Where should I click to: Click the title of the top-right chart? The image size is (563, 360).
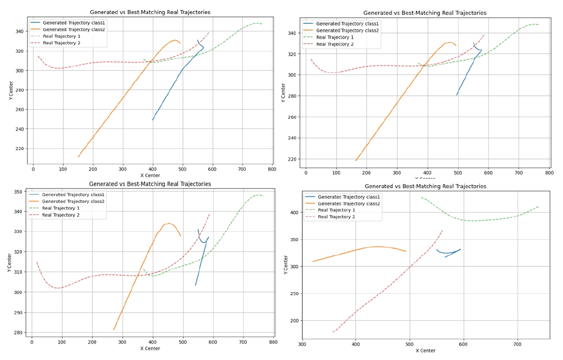coord(425,13)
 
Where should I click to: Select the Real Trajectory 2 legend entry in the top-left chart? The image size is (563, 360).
coord(61,43)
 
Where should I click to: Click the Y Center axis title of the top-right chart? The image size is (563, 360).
coord(283,92)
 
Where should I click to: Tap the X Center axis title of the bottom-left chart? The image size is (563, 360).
coord(150,348)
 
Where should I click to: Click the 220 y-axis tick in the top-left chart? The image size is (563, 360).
coord(20,148)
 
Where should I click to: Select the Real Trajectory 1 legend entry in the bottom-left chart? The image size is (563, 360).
coord(61,208)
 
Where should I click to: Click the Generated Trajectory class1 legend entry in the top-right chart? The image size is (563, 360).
coord(348,24)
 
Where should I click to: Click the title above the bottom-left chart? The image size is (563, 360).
coord(150,184)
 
